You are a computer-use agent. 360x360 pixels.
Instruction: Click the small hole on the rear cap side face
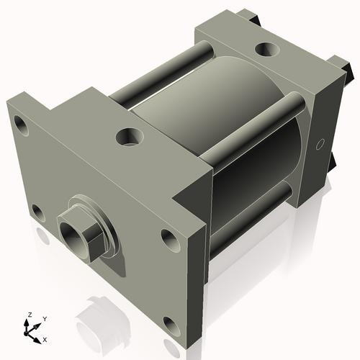(321, 143)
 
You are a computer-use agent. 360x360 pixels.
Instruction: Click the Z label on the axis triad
(29, 315)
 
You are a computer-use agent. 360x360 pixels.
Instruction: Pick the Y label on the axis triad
(45, 318)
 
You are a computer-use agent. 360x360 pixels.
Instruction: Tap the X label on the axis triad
(45, 338)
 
